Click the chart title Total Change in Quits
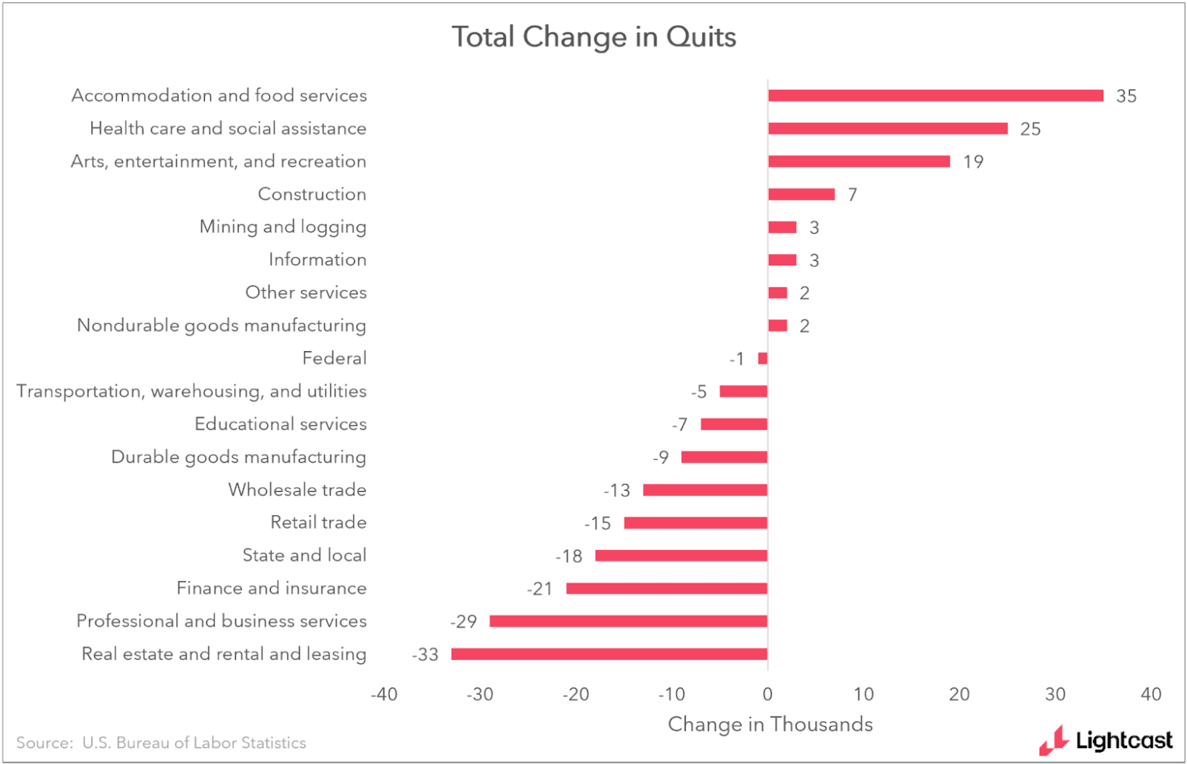coord(593,36)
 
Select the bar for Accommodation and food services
coord(935,96)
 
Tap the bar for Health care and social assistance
coord(887,128)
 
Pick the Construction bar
coord(801,194)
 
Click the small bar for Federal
coord(763,358)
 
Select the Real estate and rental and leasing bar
coord(609,654)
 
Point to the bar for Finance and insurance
coord(666,588)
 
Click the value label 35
coord(1126,96)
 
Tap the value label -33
coord(425,655)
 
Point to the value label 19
coord(973,162)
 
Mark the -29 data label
coord(464,622)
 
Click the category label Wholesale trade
coord(297,490)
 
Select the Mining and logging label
coord(282,227)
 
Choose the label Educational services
coord(280,424)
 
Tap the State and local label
coord(304,555)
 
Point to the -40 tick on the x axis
coord(383,694)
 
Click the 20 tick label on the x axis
coord(959,694)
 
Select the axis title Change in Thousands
coord(770,725)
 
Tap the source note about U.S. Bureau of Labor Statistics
coord(161,743)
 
